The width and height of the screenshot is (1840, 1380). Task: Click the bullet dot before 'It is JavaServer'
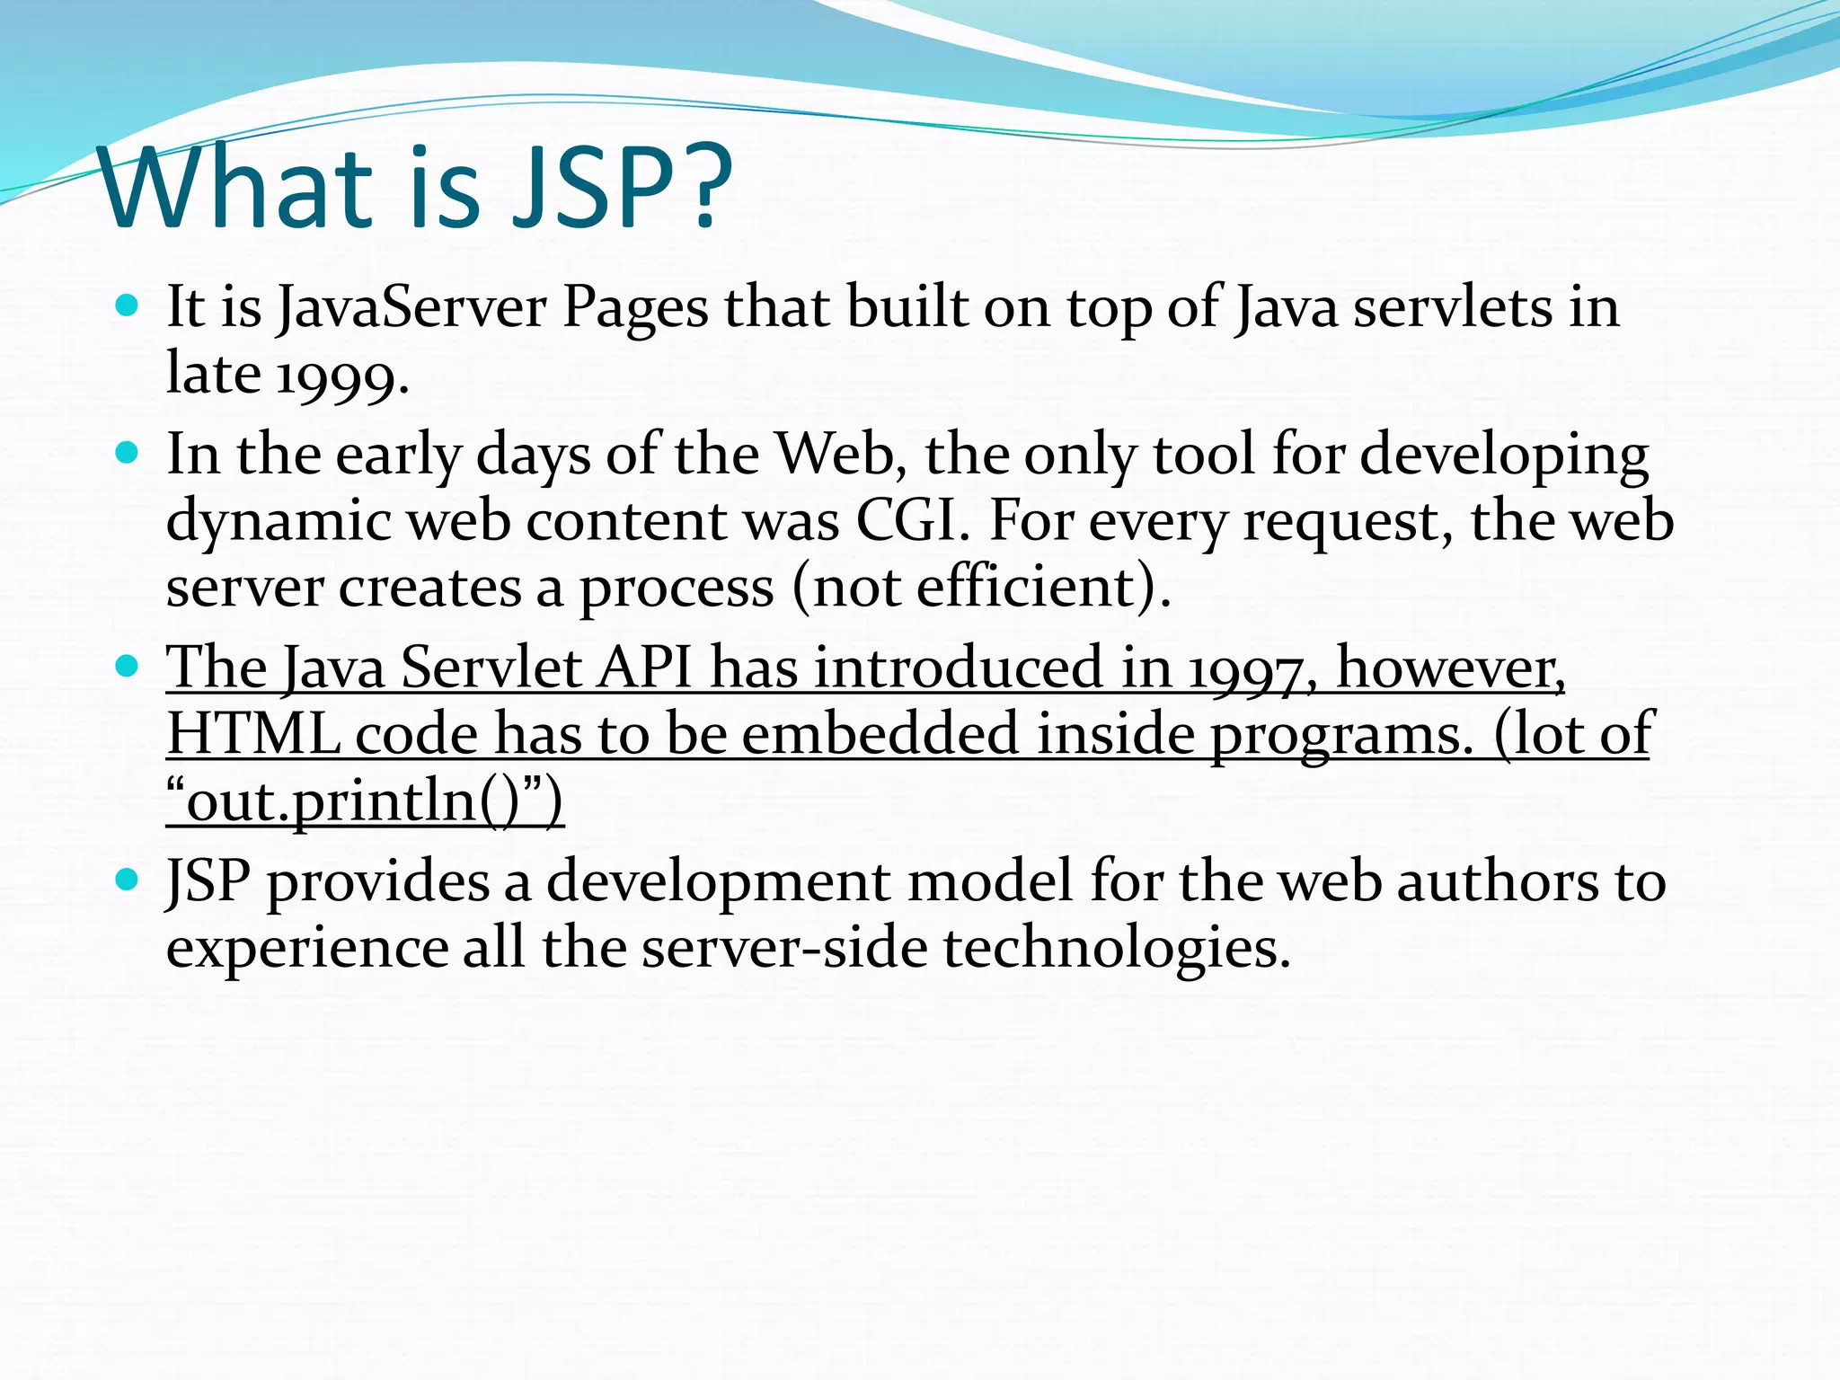point(128,305)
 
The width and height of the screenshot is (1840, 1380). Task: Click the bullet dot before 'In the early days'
point(128,452)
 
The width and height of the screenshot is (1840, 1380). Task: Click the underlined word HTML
point(253,735)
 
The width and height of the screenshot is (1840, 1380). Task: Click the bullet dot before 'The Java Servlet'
point(128,666)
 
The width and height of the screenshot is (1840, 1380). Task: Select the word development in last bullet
point(719,881)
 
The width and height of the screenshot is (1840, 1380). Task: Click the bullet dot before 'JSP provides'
point(128,879)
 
